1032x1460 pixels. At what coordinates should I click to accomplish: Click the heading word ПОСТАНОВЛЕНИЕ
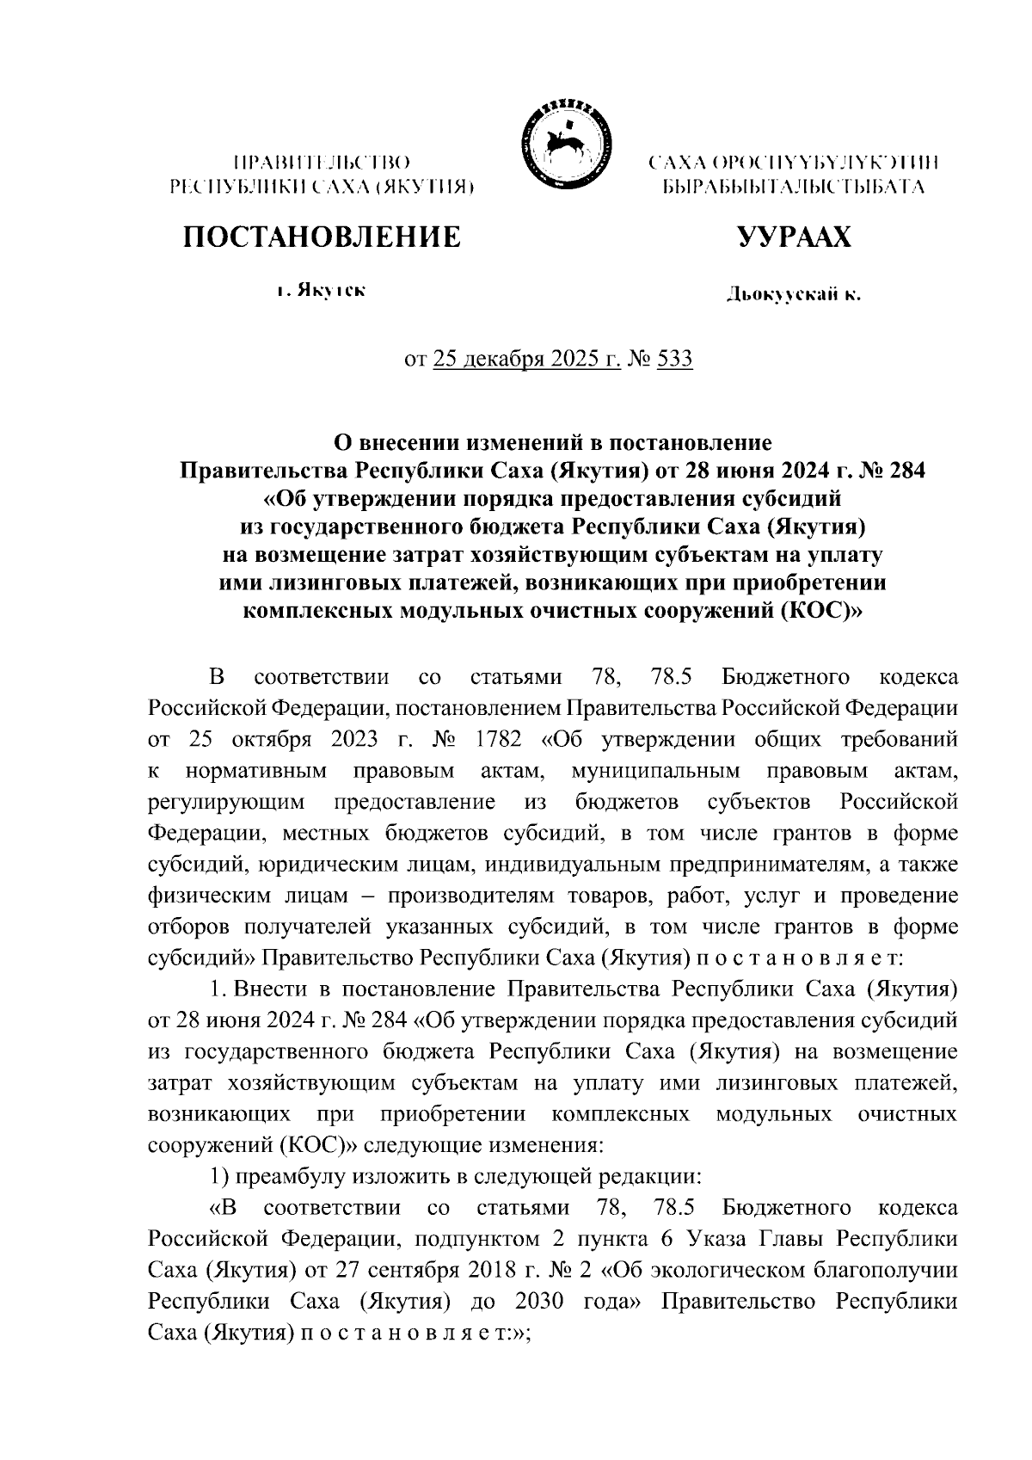click(x=320, y=237)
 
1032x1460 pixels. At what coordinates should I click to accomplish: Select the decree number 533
click(x=674, y=359)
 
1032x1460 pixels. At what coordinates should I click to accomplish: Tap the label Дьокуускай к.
click(x=792, y=296)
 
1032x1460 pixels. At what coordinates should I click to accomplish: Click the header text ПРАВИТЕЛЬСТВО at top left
click(x=320, y=162)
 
